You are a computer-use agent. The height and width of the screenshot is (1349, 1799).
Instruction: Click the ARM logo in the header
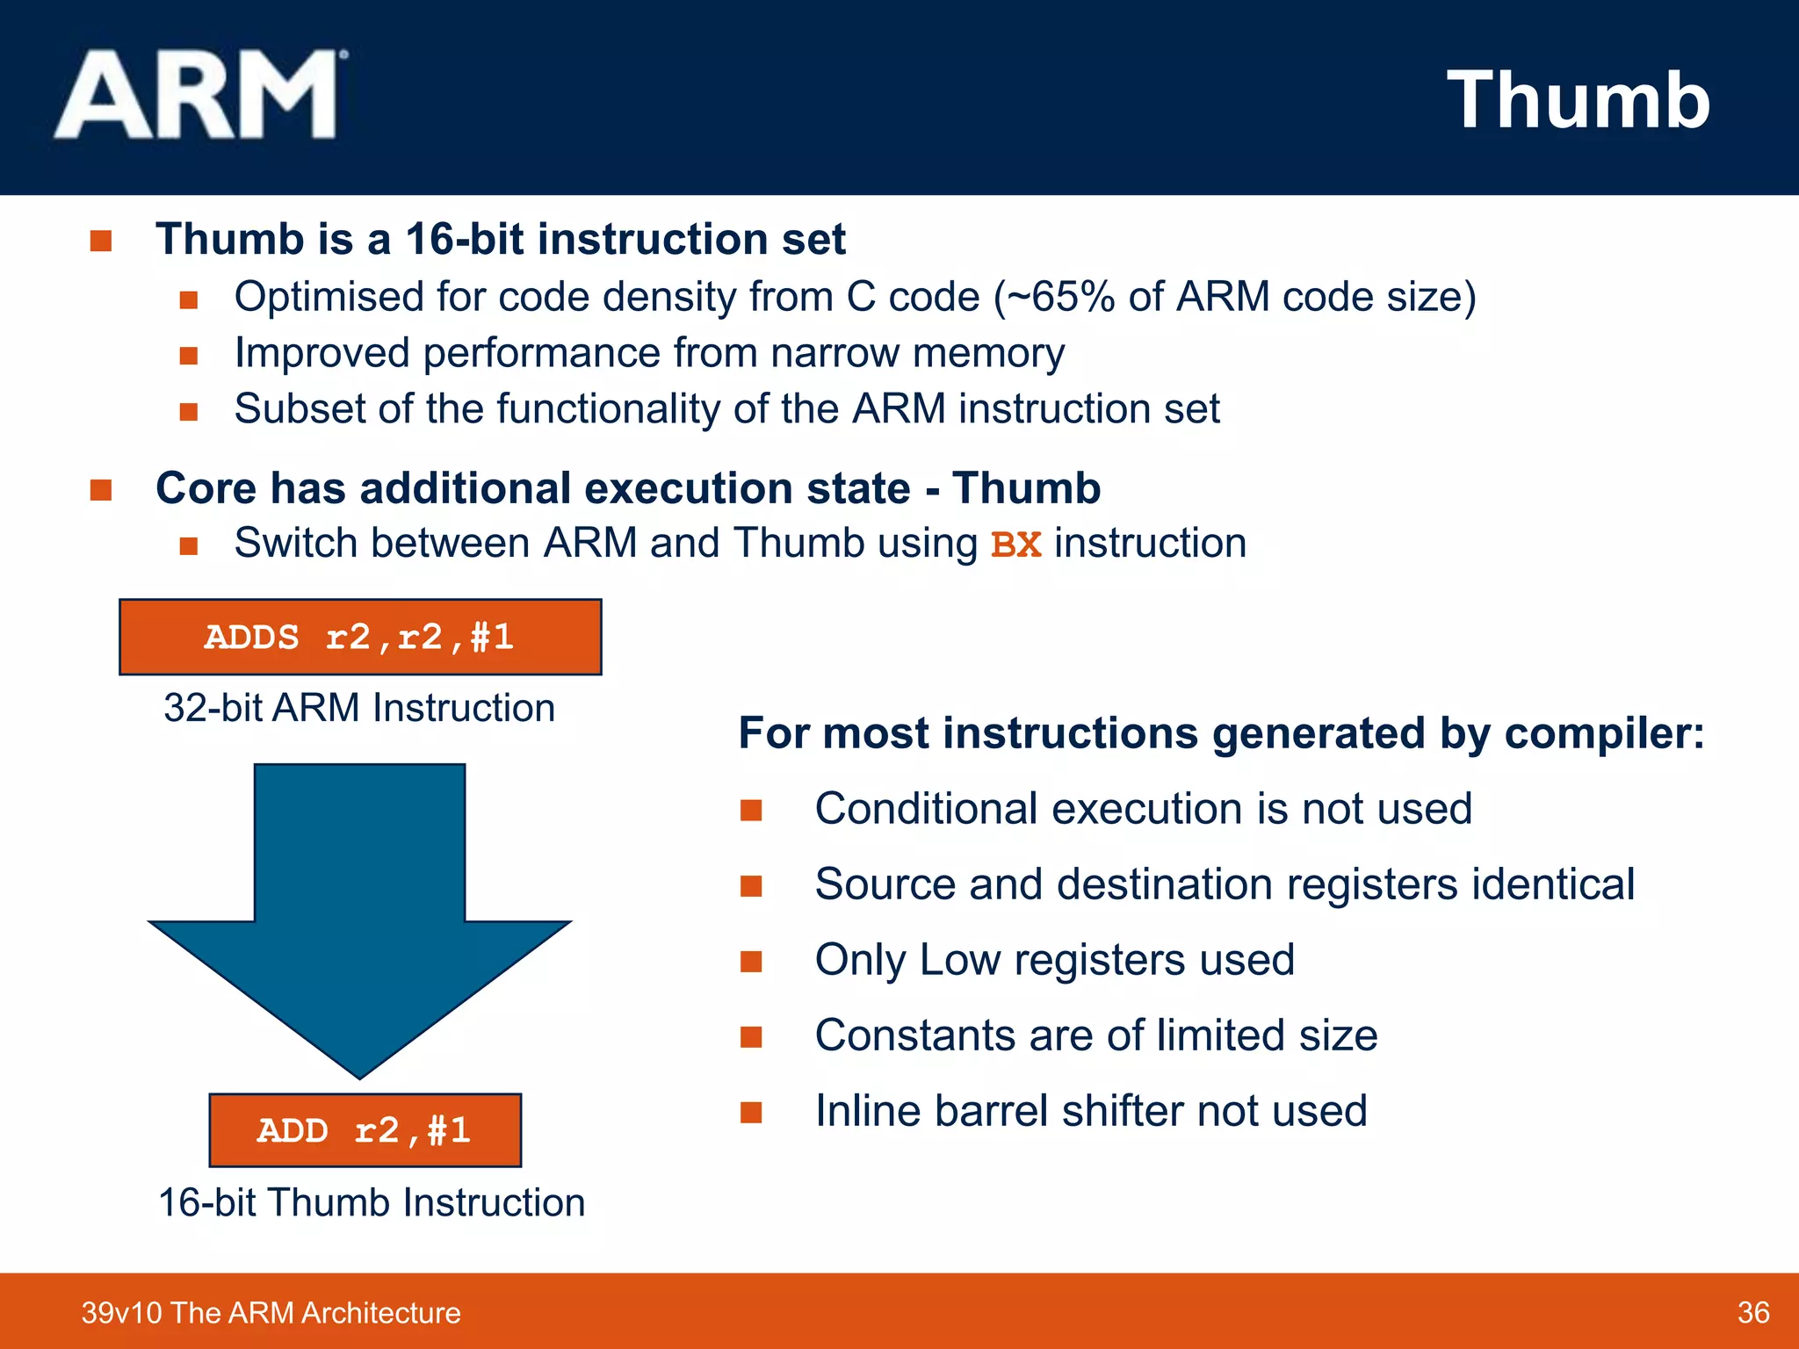(x=198, y=95)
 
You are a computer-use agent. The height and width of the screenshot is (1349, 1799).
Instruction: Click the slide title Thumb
(x=1578, y=100)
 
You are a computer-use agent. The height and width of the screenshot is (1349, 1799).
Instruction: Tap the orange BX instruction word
(x=1015, y=545)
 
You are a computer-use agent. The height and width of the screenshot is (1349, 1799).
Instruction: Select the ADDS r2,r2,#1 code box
(x=360, y=638)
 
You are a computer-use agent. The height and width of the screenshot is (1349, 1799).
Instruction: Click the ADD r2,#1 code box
(x=365, y=1130)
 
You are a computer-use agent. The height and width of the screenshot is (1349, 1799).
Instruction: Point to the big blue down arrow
(x=359, y=913)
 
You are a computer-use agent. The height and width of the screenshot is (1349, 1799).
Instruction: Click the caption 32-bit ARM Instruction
(x=359, y=708)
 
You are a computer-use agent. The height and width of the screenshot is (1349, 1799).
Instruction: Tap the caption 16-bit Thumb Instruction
(x=371, y=1202)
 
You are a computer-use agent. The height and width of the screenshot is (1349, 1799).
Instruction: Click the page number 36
(x=1752, y=1312)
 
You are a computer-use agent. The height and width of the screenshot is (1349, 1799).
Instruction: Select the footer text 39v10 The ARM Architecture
(x=271, y=1312)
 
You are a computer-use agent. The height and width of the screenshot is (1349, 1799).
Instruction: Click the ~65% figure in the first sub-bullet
(x=1060, y=297)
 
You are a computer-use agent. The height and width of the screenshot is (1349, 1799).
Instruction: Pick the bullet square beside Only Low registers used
(x=751, y=961)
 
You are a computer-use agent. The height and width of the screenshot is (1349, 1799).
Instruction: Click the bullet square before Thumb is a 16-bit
(x=101, y=241)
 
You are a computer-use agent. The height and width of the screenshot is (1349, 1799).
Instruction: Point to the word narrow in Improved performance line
(x=834, y=353)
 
